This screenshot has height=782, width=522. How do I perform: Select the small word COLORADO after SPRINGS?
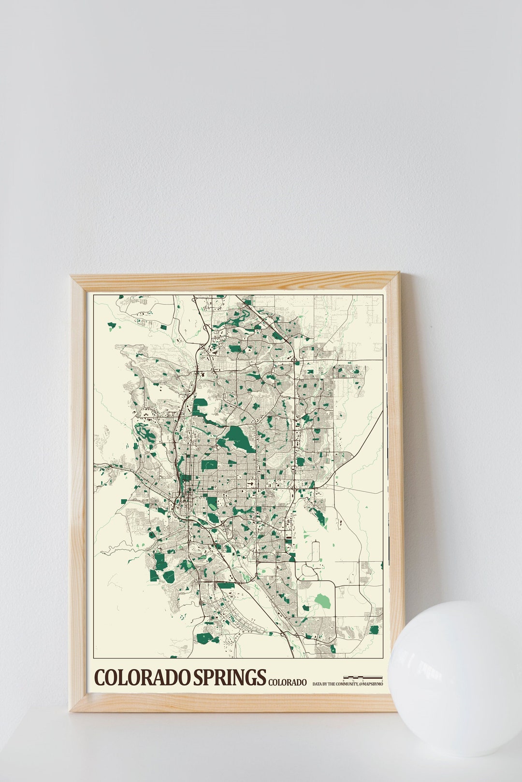[287, 682]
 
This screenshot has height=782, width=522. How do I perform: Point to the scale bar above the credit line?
[362, 677]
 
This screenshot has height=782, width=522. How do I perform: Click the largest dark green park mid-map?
[239, 438]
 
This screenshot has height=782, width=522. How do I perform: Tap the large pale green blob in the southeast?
[322, 601]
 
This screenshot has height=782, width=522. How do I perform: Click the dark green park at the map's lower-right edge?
[374, 629]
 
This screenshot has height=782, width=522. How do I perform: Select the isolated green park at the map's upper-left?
[112, 326]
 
